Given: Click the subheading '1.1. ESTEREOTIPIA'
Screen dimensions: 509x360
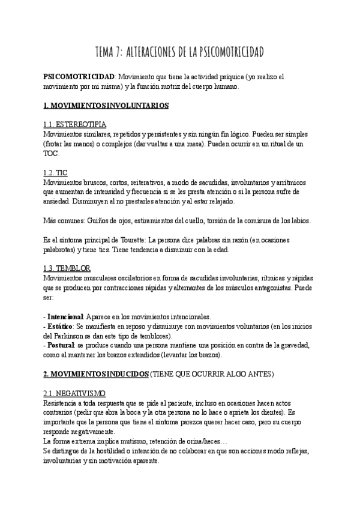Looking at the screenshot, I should (75, 124).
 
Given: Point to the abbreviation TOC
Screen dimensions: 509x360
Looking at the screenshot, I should (51, 153).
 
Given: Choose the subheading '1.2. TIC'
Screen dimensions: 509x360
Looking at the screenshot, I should (55, 173).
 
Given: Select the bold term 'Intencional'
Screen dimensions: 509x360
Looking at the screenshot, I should (67, 316).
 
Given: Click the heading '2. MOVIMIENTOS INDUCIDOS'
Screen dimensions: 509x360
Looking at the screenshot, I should (95, 374).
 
